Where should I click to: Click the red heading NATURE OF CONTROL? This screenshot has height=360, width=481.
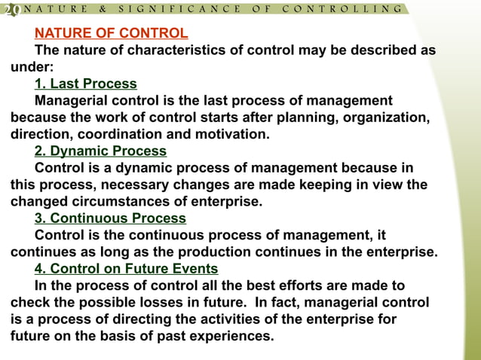pos(112,34)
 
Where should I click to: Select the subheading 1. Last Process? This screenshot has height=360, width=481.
pos(86,84)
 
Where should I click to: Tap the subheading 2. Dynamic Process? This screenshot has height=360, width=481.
pos(101,151)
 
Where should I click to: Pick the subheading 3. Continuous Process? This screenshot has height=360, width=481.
pos(110,218)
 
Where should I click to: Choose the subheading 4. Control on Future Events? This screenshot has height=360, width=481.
pos(127,269)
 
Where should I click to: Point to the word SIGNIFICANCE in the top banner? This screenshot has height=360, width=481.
pos(179,9)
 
